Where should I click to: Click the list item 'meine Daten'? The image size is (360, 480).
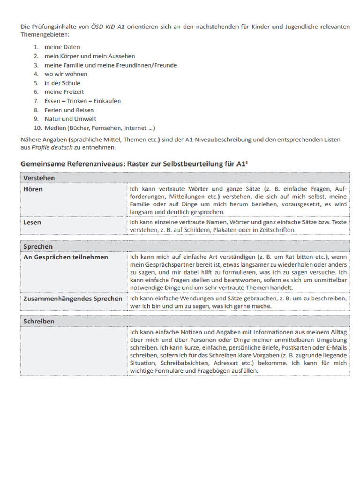tap(62, 47)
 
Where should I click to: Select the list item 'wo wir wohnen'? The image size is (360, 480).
tap(66, 74)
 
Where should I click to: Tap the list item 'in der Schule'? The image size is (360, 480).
tap(62, 83)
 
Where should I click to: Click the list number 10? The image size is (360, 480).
tap(37, 127)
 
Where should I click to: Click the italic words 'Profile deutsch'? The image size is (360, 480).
tap(52, 147)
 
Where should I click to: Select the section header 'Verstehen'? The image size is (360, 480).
tap(39, 178)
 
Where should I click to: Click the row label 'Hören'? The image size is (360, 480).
tap(33, 189)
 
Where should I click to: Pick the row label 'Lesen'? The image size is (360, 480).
tap(32, 222)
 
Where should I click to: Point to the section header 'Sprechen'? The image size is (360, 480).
tap(38, 247)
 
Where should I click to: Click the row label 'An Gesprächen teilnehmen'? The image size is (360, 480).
tap(66, 257)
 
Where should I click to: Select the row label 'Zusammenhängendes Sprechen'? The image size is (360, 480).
tap(73, 298)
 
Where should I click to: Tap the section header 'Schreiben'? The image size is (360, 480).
tap(39, 321)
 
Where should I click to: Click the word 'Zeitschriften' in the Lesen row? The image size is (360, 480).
tap(276, 230)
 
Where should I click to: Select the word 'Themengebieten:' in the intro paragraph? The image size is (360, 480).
tap(45, 35)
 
